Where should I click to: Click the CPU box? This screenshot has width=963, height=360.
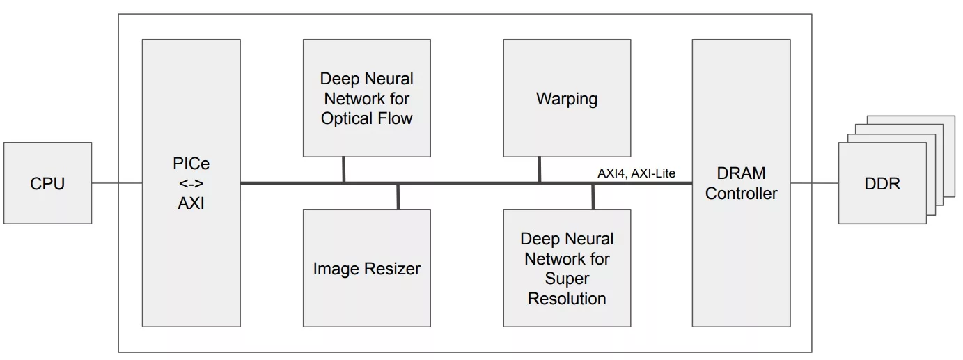click(47, 183)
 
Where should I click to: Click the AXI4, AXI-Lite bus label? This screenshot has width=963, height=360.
click(636, 173)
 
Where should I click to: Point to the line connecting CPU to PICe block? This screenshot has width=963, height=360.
click(117, 183)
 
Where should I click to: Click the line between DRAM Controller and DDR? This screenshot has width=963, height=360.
click(815, 183)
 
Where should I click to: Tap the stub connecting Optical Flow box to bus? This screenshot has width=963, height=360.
click(344, 170)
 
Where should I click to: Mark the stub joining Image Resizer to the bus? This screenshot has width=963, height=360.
click(398, 196)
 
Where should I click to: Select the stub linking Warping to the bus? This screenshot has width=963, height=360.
click(540, 170)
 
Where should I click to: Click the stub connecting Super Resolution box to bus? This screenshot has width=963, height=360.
click(593, 196)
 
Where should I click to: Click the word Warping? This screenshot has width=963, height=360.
click(567, 99)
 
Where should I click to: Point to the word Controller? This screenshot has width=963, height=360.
click(741, 194)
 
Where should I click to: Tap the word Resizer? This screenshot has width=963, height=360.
click(393, 268)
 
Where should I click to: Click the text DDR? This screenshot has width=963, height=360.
click(882, 184)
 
